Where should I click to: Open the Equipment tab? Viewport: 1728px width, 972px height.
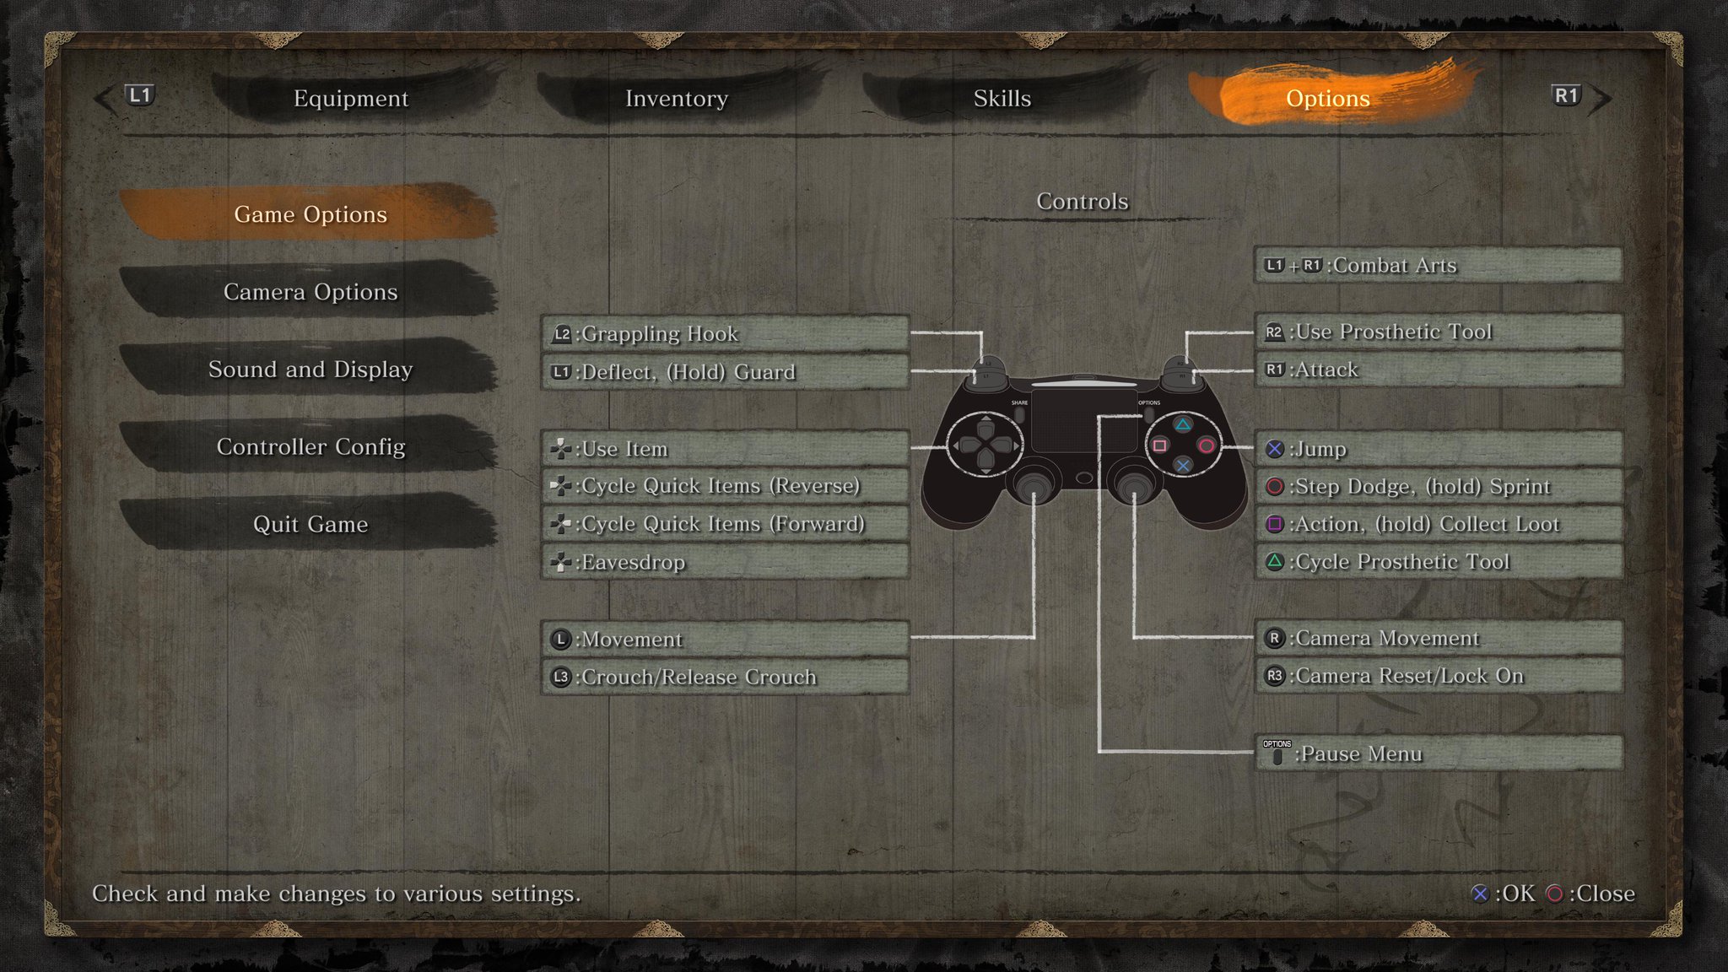[x=351, y=99]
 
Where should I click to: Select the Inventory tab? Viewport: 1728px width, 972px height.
[x=677, y=99]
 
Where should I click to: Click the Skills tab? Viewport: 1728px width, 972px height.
[x=1002, y=99]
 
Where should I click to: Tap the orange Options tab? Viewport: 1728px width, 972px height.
[x=1327, y=99]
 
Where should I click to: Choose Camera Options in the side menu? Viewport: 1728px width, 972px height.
[x=310, y=292]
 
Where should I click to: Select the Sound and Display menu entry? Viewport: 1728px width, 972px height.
[x=310, y=370]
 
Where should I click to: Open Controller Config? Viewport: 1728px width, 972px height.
[x=310, y=446]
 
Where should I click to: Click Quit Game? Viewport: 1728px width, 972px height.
[x=310, y=524]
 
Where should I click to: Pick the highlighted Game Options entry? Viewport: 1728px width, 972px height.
[x=310, y=214]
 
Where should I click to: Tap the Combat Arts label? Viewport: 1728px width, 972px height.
[x=1395, y=266]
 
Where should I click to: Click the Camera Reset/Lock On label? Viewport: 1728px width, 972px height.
[x=1409, y=676]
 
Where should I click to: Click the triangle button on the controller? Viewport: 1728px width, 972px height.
[x=1183, y=425]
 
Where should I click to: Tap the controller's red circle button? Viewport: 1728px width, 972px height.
[x=1207, y=445]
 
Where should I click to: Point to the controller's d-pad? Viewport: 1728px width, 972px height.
[x=985, y=445]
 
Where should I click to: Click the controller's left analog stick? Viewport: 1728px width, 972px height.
[x=1033, y=484]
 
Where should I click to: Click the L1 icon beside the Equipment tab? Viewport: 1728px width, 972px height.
[x=140, y=95]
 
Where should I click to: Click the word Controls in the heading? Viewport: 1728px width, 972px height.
[x=1082, y=202]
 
